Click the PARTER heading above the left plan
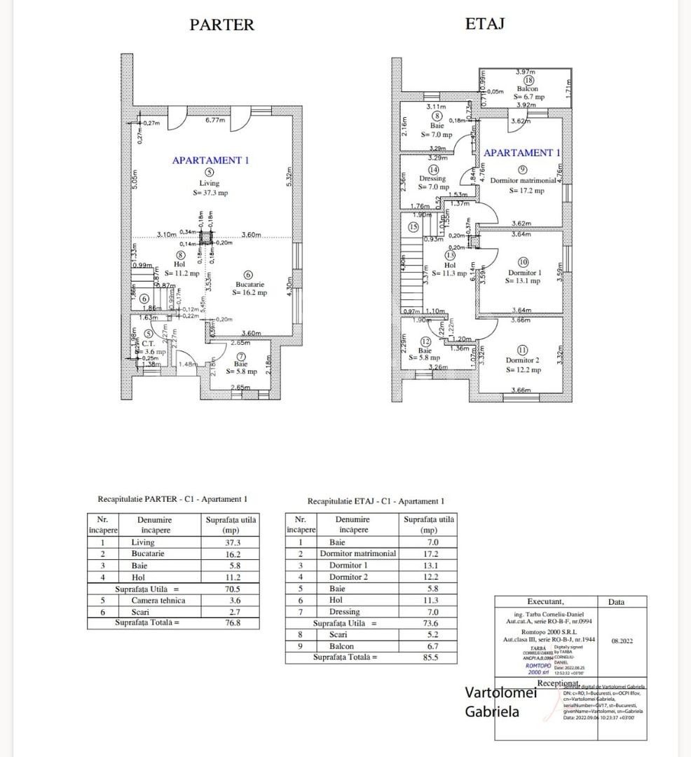[221, 25]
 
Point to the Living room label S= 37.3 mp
[209, 193]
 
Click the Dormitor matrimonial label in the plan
[522, 181]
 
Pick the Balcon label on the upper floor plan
[527, 89]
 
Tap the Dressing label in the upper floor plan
[432, 179]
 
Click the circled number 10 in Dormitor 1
[523, 262]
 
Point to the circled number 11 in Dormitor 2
[522, 350]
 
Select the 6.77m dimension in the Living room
[215, 120]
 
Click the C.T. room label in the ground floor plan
[149, 343]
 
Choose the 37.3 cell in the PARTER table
[231, 543]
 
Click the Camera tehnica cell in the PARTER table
[158, 600]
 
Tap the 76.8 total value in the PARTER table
[231, 622]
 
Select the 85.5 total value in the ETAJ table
[429, 657]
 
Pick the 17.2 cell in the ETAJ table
[429, 553]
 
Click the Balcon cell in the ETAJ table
[341, 646]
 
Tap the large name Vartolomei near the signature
[501, 693]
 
